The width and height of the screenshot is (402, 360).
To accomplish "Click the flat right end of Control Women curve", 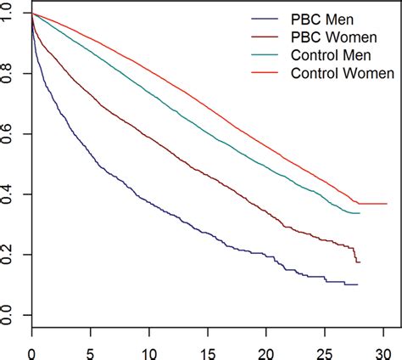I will (373, 204).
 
